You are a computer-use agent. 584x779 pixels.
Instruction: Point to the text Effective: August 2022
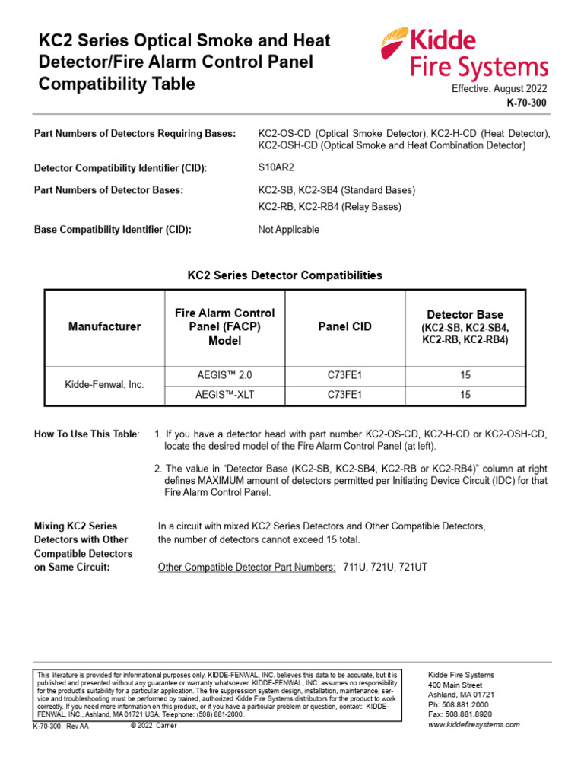500,88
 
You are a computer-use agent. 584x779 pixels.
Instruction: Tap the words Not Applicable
289,230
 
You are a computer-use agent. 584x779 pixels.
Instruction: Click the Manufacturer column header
105,326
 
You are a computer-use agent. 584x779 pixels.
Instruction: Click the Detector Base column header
465,326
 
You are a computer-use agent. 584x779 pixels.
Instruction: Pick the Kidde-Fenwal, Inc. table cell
105,385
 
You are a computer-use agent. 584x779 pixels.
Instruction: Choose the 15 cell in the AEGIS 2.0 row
465,375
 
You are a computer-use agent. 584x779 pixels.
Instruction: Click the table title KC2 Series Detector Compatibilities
284,275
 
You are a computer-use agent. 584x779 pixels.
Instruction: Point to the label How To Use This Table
87,434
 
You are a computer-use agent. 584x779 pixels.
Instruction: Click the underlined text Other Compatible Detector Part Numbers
246,568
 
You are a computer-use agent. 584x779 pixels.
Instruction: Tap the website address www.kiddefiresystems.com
474,725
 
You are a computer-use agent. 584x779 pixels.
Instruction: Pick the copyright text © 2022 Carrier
154,726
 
